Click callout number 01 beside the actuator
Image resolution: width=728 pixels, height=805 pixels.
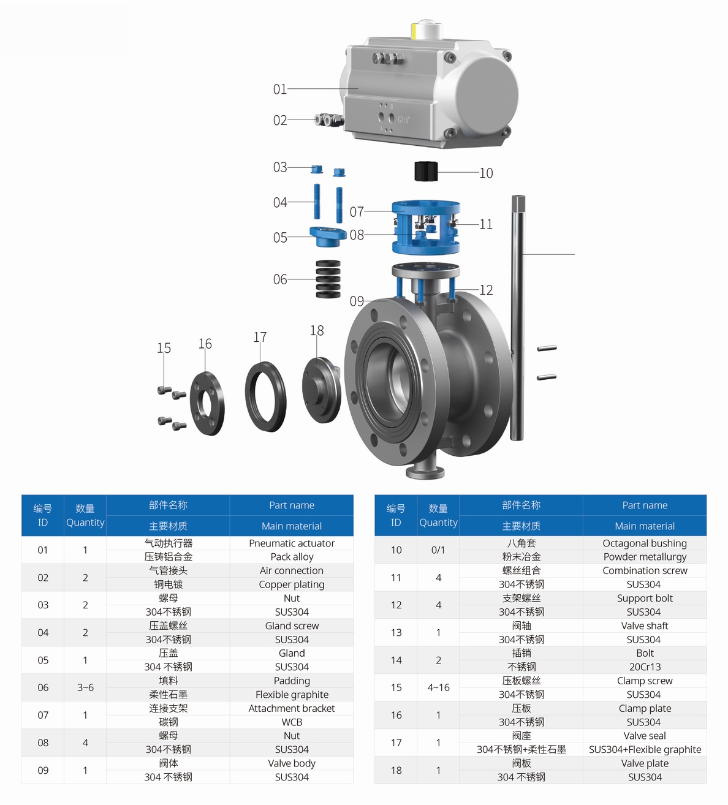click(x=280, y=89)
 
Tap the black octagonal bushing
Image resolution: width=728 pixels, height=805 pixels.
click(x=426, y=172)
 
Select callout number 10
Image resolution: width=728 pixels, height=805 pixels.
click(x=486, y=173)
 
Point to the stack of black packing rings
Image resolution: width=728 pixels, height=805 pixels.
click(x=328, y=279)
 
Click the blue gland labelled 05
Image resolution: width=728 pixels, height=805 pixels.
click(x=328, y=236)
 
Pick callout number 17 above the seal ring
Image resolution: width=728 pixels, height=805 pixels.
click(x=260, y=337)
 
